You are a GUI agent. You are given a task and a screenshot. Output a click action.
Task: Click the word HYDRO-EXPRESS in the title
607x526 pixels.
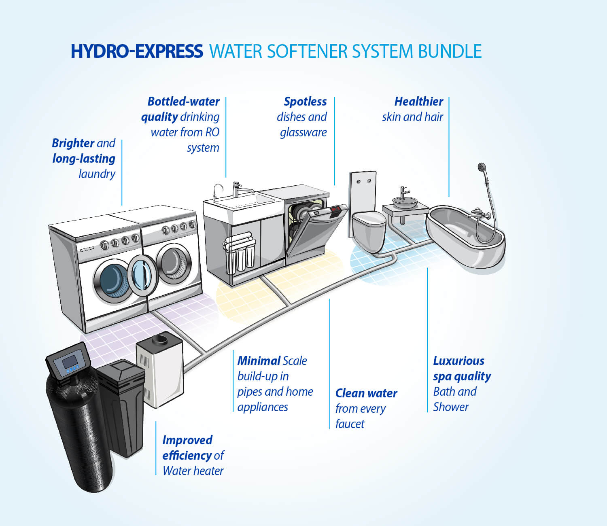point(137,51)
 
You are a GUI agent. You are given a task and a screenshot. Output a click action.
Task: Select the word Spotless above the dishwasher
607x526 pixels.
point(305,102)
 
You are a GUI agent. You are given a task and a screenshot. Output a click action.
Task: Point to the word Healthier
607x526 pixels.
point(418,102)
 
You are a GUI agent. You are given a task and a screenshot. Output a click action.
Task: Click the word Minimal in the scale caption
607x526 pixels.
point(259,361)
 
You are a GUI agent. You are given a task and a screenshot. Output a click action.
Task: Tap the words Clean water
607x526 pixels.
point(366,393)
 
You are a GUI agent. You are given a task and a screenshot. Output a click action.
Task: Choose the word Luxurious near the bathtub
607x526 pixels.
point(458,361)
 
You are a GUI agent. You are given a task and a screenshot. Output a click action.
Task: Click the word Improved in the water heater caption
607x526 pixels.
point(187,440)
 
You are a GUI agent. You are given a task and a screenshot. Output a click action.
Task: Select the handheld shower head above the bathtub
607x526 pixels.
point(481,167)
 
